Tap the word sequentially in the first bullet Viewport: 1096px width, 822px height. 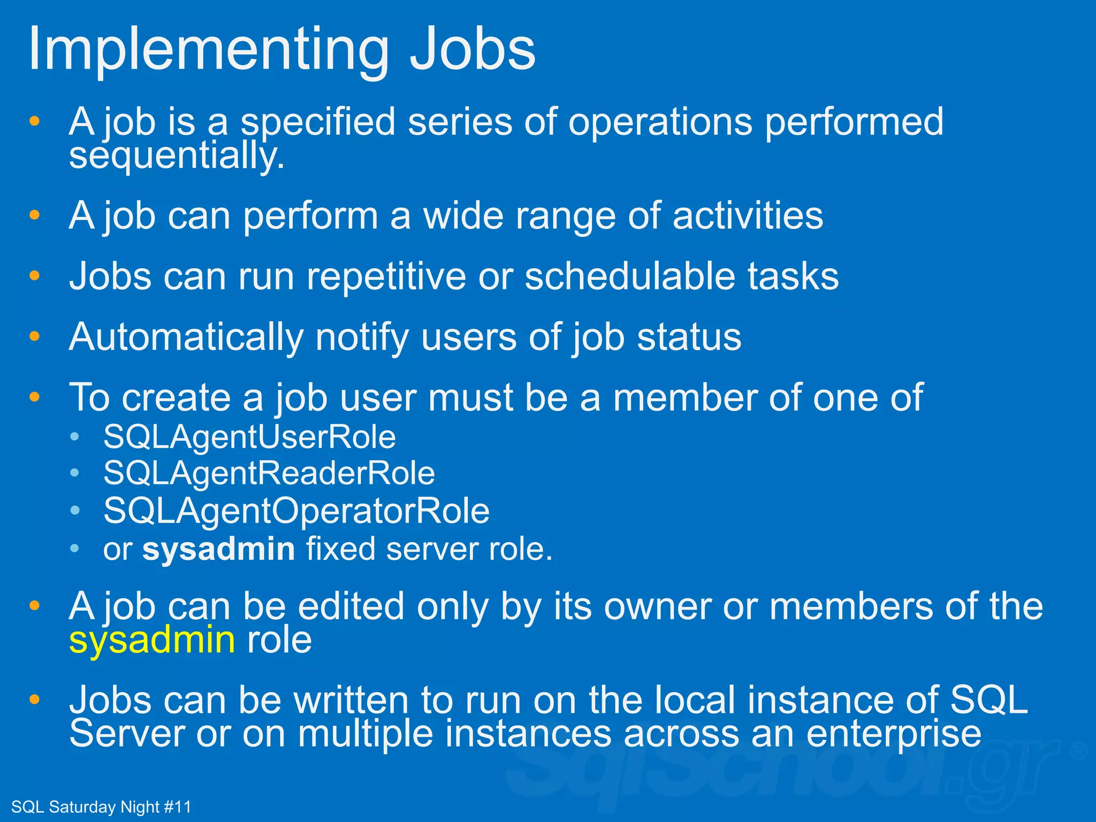pyautogui.click(x=177, y=157)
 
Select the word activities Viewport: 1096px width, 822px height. pyautogui.click(x=747, y=216)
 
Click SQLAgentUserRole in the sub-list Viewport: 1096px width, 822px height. pyautogui.click(x=249, y=437)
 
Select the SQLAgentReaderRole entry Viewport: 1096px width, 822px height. pyautogui.click(x=269, y=474)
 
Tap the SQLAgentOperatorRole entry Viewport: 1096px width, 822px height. pyautogui.click(x=296, y=511)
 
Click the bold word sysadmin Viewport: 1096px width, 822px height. pyautogui.click(x=218, y=550)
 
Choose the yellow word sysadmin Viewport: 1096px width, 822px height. pyautogui.click(x=152, y=641)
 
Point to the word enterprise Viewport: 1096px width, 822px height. pyautogui.click(x=893, y=734)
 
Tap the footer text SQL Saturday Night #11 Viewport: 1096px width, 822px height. pyautogui.click(x=101, y=806)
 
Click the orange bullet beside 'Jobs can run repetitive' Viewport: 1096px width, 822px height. pyautogui.click(x=35, y=276)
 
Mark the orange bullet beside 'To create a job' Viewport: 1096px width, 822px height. pyautogui.click(x=35, y=397)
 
